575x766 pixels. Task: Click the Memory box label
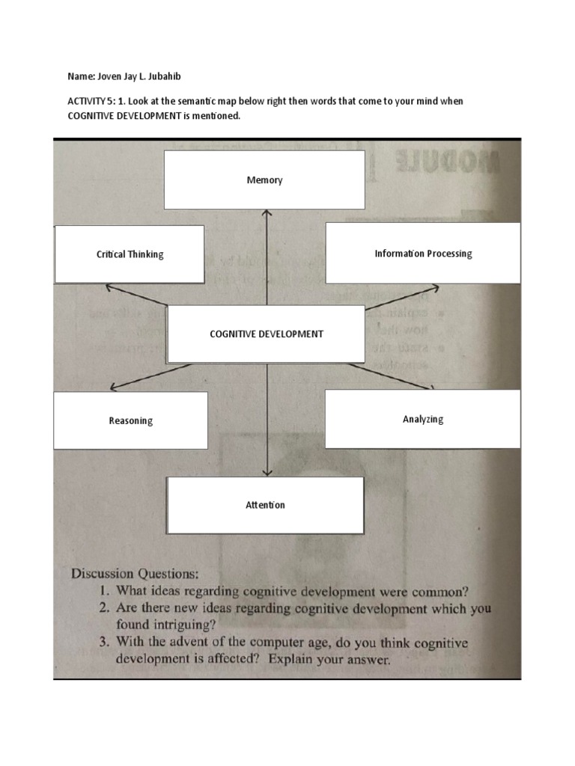[x=264, y=180]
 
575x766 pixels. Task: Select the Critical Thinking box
[x=130, y=254]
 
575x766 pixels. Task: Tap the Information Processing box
[x=423, y=254]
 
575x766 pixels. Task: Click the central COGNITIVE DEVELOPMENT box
[x=266, y=334]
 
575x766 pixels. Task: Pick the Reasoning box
[x=130, y=420]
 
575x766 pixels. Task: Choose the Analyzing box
[x=423, y=419]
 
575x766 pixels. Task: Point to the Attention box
[x=266, y=505]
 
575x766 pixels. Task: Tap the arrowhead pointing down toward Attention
[x=267, y=473]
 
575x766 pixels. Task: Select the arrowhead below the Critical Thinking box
[x=109, y=287]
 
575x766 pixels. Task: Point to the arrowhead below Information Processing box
[x=435, y=287]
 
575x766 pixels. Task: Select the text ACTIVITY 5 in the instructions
[x=82, y=101]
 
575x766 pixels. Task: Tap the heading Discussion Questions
[x=135, y=574]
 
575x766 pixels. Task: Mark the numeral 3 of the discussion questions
[x=104, y=644]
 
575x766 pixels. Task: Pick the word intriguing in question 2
[x=185, y=625]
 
